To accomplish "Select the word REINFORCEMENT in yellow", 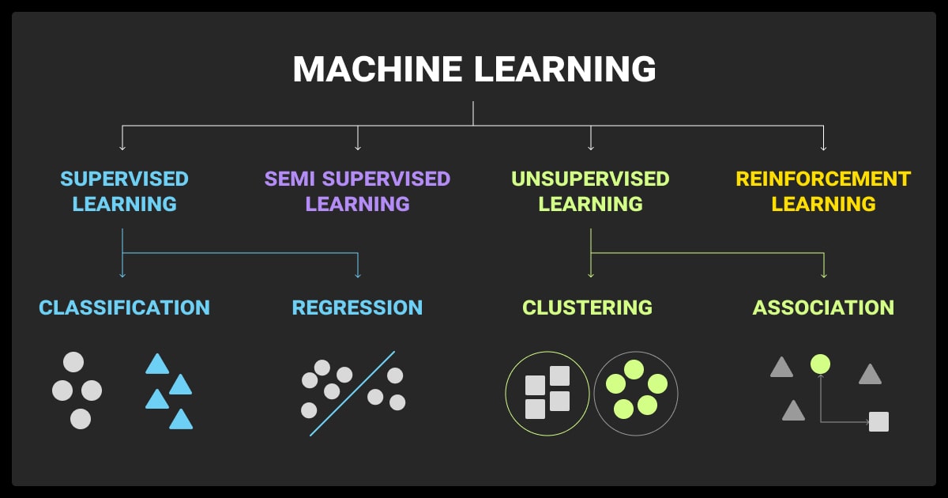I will click(823, 179).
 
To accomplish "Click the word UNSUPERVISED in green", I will click(590, 179).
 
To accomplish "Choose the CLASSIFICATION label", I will click(125, 307).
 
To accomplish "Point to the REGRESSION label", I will click(357, 307).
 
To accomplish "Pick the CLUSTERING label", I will click(587, 307).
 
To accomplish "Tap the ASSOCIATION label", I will click(823, 307).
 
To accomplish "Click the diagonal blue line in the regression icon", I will click(352, 394).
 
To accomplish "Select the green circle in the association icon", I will click(820, 364).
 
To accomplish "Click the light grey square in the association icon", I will click(878, 421).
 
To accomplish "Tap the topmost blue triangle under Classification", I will click(157, 364).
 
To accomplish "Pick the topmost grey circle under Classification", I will click(73, 362).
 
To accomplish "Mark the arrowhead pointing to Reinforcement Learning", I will click(824, 147).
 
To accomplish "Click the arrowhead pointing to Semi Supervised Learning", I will click(358, 147).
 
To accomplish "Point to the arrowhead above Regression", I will click(358, 274).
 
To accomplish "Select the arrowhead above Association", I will click(824, 274).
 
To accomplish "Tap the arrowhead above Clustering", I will click(591, 274).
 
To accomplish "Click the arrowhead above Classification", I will click(122, 274).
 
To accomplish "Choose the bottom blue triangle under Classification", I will click(181, 419).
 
